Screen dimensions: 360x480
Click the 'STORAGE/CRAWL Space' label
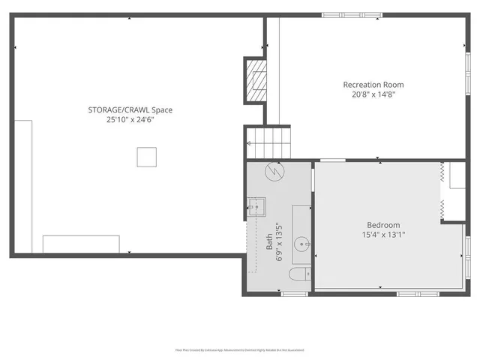[130, 109]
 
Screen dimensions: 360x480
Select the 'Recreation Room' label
[368, 84]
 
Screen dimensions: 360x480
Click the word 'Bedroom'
[383, 225]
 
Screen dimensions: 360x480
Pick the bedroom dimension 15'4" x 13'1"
[383, 235]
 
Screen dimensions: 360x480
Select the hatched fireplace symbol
[256, 79]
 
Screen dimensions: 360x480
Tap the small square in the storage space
[147, 156]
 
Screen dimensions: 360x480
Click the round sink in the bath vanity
[301, 243]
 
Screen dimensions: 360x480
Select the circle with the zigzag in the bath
[274, 172]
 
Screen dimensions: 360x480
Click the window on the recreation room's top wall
[338, 15]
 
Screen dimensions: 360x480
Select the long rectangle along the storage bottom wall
[81, 244]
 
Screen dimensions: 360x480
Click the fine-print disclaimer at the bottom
[240, 349]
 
